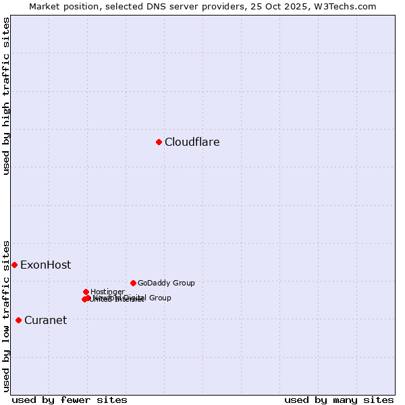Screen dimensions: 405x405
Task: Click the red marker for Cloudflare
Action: coord(159,142)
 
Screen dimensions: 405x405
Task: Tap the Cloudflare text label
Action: coord(192,142)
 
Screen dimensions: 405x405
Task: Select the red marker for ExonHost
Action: coord(14,265)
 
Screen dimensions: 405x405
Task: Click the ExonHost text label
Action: coord(45,265)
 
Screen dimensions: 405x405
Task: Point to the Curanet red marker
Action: coord(18,320)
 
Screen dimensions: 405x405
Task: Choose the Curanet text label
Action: coord(45,321)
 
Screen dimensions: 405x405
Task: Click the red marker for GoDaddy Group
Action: coord(133,283)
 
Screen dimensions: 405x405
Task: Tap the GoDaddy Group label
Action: coord(166,283)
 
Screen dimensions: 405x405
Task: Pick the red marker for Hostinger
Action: coord(86,292)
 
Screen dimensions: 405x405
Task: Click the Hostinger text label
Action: coord(108,292)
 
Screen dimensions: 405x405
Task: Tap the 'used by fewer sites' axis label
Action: coord(70,400)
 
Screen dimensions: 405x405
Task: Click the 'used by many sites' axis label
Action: coord(339,400)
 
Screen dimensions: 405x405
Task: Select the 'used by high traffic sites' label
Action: coord(6,96)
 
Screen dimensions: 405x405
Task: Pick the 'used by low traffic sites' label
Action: coord(6,315)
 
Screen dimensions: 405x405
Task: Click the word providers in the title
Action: coord(227,6)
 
